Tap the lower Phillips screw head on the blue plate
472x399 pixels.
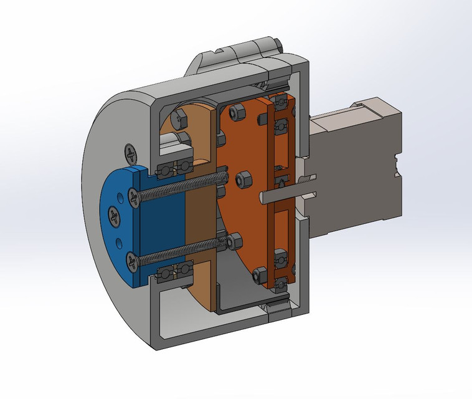click(133, 262)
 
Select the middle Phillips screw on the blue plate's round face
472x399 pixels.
click(113, 216)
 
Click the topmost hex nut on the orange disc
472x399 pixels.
click(237, 113)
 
